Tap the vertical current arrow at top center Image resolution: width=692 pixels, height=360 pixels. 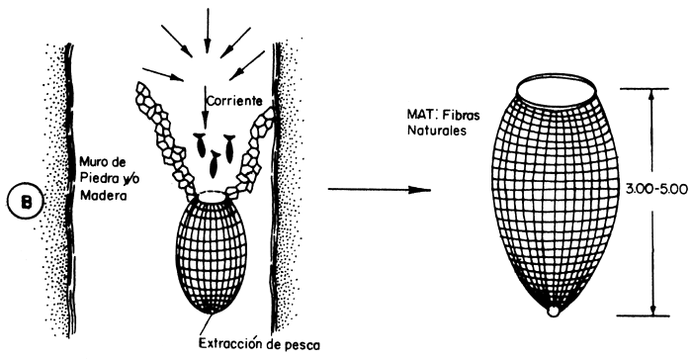click(x=207, y=24)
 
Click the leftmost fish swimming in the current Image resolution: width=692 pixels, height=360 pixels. click(x=199, y=143)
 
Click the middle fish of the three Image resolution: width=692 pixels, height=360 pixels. click(x=215, y=153)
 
